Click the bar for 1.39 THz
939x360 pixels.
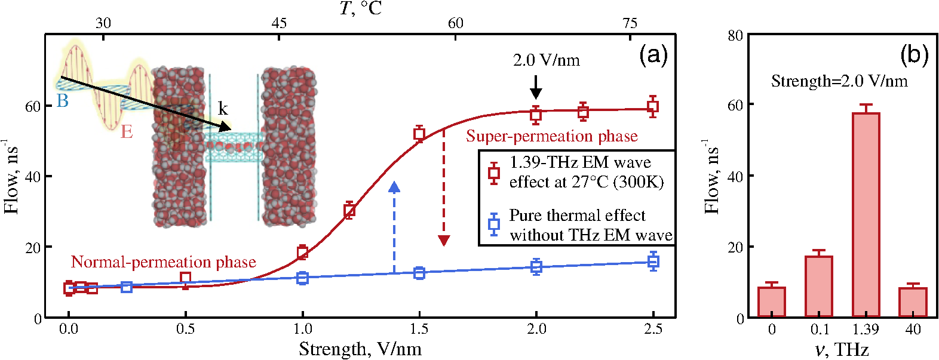pos(866,214)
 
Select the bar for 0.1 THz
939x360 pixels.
pos(819,286)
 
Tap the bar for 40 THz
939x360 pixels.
pos(913,302)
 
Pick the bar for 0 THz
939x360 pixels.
pos(772,301)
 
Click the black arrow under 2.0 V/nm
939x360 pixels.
pos(535,88)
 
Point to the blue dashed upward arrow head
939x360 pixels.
pos(394,187)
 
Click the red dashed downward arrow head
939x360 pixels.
pos(444,240)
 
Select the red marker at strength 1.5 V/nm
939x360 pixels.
pos(419,134)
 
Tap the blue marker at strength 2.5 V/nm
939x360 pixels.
pos(653,261)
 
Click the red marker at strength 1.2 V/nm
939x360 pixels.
pos(349,210)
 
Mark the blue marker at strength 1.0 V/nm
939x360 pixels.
pos(302,278)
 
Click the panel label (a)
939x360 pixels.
pos(653,57)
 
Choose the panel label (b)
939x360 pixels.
pos(915,56)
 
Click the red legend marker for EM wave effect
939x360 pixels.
pos(495,173)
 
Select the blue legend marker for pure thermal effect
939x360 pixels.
pos(495,224)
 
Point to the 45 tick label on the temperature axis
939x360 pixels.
pos(279,23)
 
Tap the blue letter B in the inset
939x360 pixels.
pos(63,101)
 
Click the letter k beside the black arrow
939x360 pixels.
pos(223,109)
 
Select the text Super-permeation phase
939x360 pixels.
pos(552,136)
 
